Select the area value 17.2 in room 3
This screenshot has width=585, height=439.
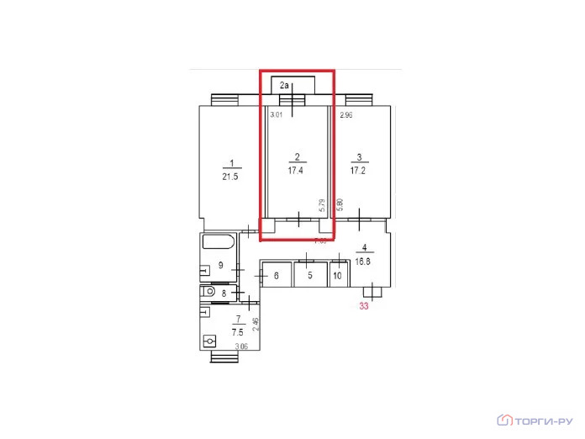tap(360, 170)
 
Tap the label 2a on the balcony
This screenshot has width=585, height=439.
tap(285, 85)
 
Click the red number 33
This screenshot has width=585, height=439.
tap(365, 306)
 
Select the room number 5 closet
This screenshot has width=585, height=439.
tap(309, 275)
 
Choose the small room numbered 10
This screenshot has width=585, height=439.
tap(337, 275)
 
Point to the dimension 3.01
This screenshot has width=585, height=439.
tap(276, 117)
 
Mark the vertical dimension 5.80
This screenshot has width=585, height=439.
tap(340, 204)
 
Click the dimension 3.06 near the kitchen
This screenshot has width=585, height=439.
tap(240, 346)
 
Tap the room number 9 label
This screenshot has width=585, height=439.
tap(221, 266)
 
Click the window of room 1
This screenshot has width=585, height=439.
tap(224, 100)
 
